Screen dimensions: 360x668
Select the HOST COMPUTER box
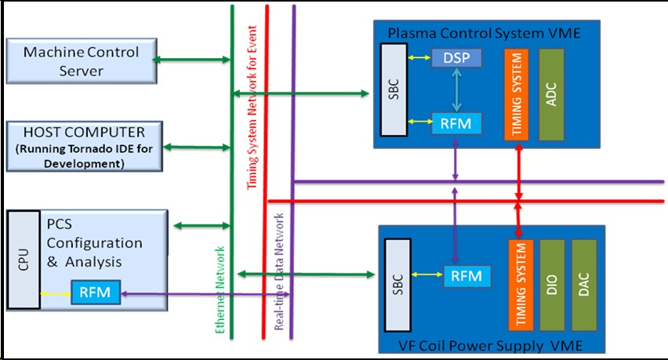click(85, 145)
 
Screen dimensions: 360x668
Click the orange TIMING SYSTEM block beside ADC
click(515, 93)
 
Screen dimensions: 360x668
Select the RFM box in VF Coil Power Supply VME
click(467, 275)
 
